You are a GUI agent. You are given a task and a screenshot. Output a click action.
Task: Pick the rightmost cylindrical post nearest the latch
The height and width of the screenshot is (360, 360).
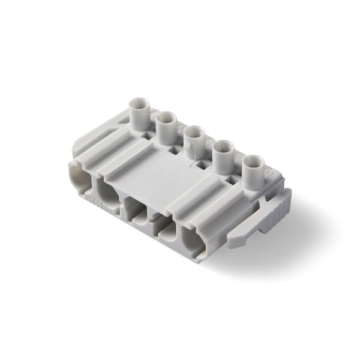coord(252,170)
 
